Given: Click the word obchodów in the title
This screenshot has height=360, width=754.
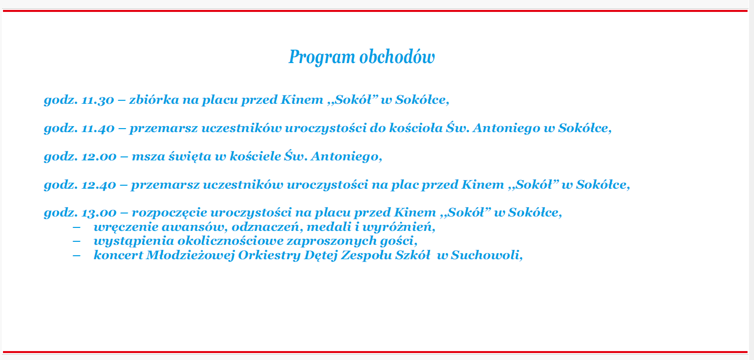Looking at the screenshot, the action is click(397, 56).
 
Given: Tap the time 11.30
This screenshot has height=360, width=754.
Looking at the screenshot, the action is click(98, 100).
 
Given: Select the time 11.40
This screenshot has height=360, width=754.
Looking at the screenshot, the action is click(98, 128).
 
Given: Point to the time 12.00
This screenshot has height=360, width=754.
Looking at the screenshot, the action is click(99, 156).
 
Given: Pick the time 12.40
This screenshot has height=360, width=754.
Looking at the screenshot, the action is click(99, 185).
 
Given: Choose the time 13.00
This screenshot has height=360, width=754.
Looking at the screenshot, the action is click(99, 213).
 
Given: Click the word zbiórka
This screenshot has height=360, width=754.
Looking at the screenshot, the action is click(154, 100).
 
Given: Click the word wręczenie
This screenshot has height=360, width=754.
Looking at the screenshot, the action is click(126, 227).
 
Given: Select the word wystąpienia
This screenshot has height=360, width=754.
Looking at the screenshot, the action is click(134, 241).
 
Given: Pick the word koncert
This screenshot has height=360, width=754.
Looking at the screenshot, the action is click(118, 255).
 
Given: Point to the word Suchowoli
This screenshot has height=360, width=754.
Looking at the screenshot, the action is click(487, 255).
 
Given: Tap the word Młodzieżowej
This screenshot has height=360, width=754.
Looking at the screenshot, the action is click(190, 255).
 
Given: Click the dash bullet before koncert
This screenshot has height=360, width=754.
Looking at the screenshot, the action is click(76, 256).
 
